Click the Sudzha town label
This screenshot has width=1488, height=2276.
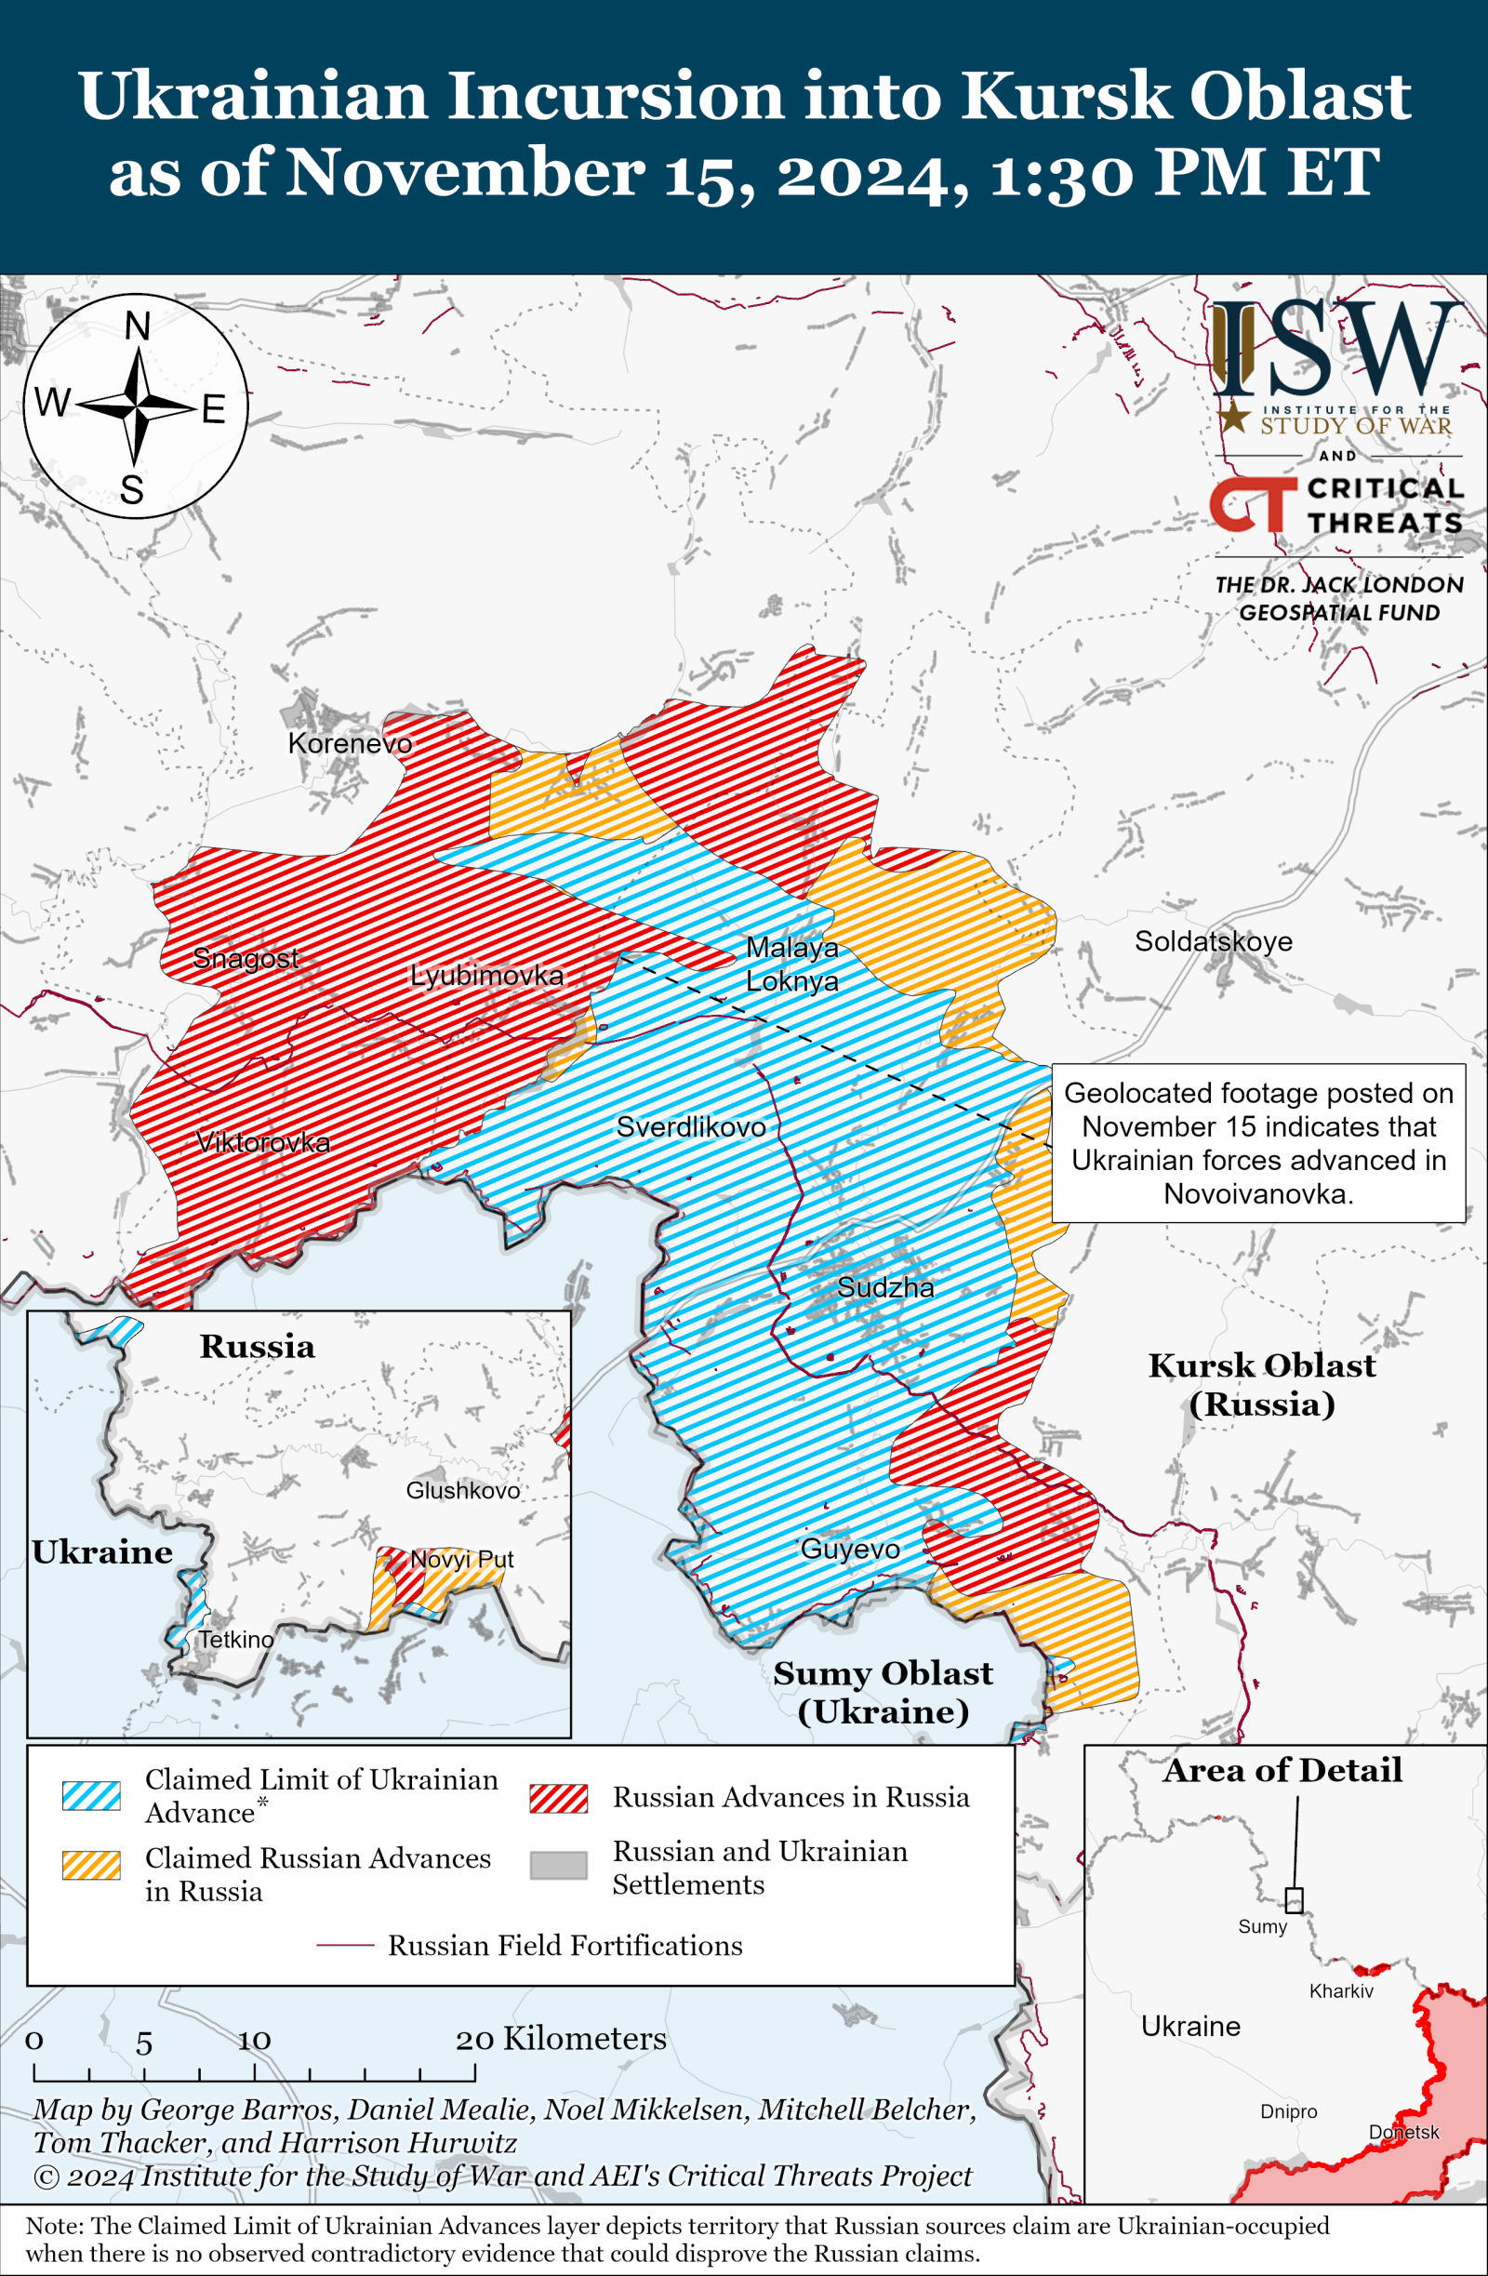884,1287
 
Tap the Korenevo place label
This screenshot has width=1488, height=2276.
350,743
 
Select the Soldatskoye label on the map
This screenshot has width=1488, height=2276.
1213,941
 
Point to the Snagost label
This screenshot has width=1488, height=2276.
246,957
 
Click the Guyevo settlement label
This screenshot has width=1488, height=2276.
849,1549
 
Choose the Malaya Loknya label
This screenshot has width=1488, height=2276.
791,964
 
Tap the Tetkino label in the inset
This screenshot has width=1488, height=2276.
235,1639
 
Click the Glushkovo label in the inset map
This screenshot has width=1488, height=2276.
463,1490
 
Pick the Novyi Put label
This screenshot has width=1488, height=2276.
462,1559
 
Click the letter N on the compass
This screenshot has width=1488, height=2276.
138,327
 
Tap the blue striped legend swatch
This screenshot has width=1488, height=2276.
91,1795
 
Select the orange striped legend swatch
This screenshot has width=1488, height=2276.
91,1865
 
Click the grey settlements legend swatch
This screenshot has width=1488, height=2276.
559,1865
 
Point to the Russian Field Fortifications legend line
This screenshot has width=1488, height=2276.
344,1945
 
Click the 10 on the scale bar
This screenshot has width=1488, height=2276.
255,2040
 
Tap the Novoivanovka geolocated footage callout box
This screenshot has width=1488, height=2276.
1257,1143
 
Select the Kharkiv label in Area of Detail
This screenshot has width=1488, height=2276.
1341,1991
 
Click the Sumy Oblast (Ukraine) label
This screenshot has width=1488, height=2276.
883,1692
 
